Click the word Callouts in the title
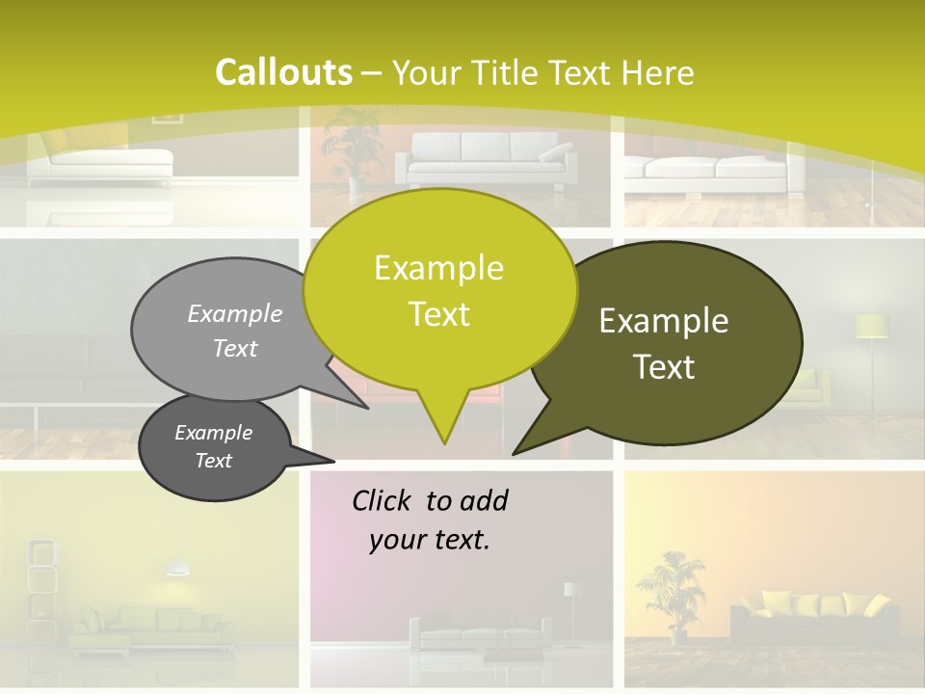click(283, 72)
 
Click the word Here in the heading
click(658, 72)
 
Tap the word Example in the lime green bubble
click(438, 268)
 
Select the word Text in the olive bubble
click(664, 366)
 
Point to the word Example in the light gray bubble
click(235, 313)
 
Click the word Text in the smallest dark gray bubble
click(214, 461)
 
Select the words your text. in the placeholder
click(429, 540)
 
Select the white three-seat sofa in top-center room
click(487, 159)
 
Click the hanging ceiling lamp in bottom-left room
click(176, 570)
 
